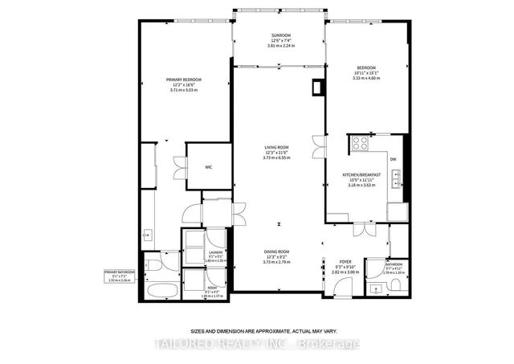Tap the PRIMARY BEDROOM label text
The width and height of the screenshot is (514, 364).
click(x=183, y=80)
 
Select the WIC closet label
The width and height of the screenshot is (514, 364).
click(x=208, y=167)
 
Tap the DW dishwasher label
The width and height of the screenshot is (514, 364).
click(x=394, y=159)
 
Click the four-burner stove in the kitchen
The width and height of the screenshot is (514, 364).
click(x=359, y=145)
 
